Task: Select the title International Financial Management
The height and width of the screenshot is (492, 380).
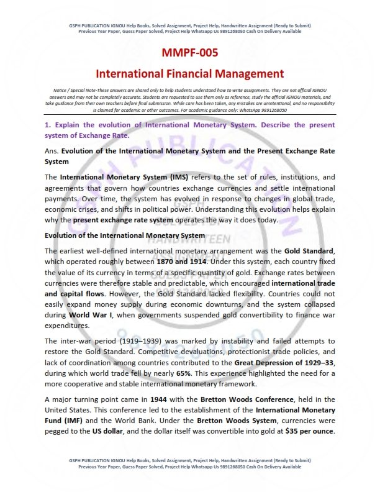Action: [190, 73]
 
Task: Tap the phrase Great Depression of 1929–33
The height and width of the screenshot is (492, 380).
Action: [287, 352]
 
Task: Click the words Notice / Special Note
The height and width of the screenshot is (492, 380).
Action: [73, 91]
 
